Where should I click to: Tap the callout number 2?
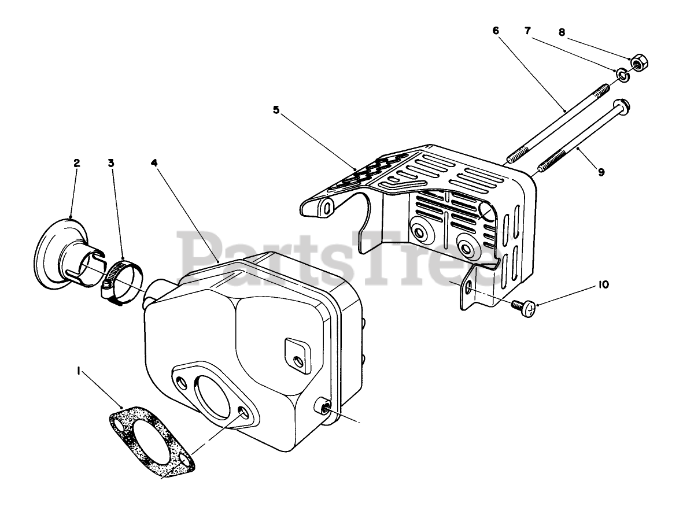76,163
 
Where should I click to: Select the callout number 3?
110,163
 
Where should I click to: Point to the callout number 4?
154,163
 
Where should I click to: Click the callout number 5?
276,110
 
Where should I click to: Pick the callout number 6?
496,31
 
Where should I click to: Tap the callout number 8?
561,33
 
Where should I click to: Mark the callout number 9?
601,172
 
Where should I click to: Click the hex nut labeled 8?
639,62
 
